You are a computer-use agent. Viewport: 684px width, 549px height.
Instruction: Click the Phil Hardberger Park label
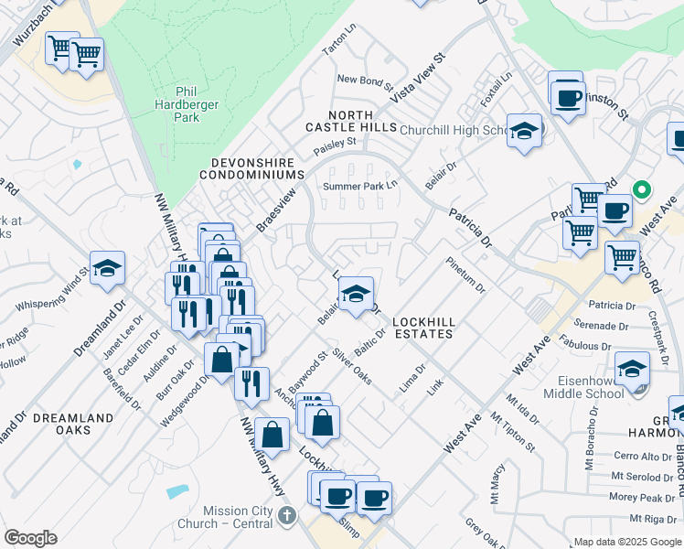coord(187,104)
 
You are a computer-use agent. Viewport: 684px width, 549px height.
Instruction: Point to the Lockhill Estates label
coord(422,328)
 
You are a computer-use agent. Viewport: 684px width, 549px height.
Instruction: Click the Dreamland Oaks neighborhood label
coord(73,424)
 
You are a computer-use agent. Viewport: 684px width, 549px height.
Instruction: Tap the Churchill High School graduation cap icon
coord(525,131)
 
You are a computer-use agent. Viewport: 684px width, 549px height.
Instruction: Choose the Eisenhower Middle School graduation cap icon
coord(632,369)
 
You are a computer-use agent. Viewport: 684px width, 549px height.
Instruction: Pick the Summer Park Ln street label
coord(361,187)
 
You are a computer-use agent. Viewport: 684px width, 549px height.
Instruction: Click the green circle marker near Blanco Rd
coord(642,190)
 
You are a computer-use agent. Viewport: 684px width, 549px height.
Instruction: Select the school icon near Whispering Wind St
coord(107,268)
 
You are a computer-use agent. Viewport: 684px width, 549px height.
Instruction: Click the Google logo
coord(31,538)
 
